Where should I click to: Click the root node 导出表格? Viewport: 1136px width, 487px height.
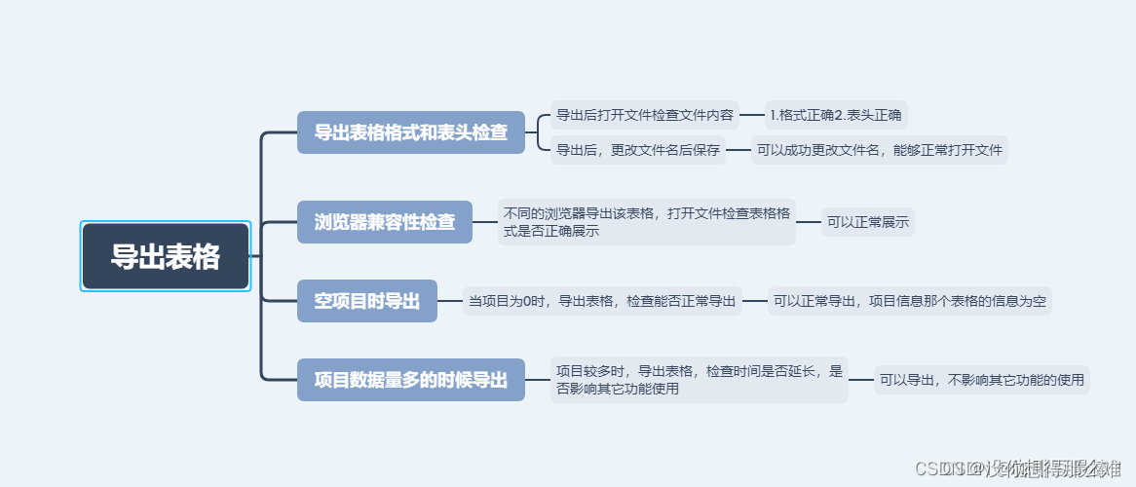pyautogui.click(x=166, y=256)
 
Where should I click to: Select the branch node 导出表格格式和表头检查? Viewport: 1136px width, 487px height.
pyautogui.click(x=410, y=132)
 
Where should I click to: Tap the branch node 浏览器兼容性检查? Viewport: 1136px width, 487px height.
pyautogui.click(x=384, y=221)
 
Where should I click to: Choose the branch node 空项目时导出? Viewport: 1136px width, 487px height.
pyautogui.click(x=366, y=301)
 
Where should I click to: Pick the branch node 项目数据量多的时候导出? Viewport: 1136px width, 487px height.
pyautogui.click(x=410, y=380)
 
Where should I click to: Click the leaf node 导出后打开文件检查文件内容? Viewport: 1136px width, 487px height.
pyautogui.click(x=644, y=114)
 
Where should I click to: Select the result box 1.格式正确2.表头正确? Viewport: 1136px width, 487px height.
pyautogui.click(x=835, y=115)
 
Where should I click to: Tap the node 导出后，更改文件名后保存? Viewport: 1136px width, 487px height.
pyautogui.click(x=637, y=150)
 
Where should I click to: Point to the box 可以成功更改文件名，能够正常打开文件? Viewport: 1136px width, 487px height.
pyautogui.click(x=879, y=150)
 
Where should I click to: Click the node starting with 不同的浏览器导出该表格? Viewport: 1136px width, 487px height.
pyautogui.click(x=646, y=221)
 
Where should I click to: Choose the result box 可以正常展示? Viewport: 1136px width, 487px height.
pyautogui.click(x=867, y=221)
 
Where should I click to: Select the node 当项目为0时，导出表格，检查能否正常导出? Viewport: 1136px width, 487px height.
pyautogui.click(x=601, y=301)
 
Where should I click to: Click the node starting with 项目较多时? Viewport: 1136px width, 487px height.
pyautogui.click(x=699, y=380)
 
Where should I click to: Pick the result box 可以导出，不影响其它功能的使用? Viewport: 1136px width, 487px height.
pyautogui.click(x=981, y=380)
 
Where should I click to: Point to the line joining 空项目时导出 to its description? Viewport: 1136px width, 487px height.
pyautogui.click(x=449, y=301)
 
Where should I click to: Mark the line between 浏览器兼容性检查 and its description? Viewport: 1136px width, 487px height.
pyautogui.click(x=484, y=221)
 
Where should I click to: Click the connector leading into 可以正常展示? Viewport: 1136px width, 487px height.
pyautogui.click(x=808, y=221)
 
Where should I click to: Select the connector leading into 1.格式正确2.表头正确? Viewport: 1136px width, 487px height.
pyautogui.click(x=752, y=114)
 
